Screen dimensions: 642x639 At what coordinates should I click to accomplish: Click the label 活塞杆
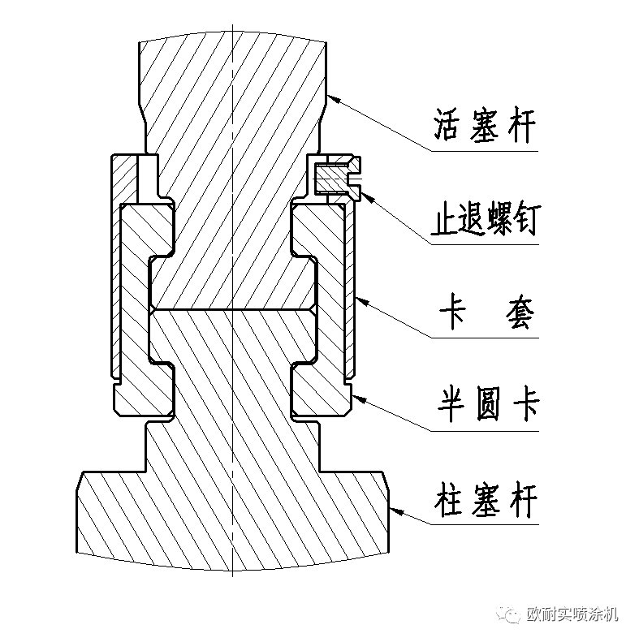click(x=484, y=127)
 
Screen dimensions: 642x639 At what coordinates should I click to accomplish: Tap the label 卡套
click(x=485, y=313)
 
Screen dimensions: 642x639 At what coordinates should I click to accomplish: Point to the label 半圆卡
click(x=485, y=403)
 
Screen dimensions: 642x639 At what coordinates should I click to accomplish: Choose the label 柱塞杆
click(x=485, y=497)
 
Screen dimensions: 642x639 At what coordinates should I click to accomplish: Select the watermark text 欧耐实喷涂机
click(x=572, y=614)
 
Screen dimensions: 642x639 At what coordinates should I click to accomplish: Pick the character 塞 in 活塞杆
click(x=484, y=127)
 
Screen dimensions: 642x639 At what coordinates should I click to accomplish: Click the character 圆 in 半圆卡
click(x=485, y=403)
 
